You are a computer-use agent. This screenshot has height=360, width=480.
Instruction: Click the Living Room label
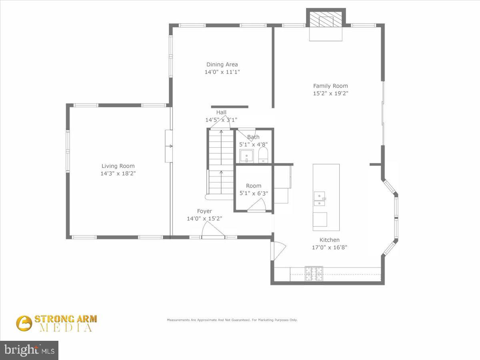(x=118, y=166)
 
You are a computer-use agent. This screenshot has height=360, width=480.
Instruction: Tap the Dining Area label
(x=222, y=64)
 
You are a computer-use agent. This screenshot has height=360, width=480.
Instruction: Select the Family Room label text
(x=330, y=86)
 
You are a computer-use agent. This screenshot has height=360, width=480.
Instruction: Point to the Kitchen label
(x=330, y=240)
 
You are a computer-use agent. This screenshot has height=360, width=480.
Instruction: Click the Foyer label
(x=204, y=211)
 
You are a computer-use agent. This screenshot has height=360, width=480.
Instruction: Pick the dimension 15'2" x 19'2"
(x=330, y=93)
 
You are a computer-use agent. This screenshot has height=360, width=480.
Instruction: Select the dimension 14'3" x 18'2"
(x=118, y=174)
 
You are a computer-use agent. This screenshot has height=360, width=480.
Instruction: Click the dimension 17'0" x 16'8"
(x=330, y=247)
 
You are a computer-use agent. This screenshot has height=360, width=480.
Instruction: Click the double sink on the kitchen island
(x=320, y=199)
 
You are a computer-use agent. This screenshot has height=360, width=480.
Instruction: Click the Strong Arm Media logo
(x=56, y=323)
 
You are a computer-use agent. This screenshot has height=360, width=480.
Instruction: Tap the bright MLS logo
(x=29, y=350)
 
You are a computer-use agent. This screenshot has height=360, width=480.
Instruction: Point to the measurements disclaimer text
(x=232, y=320)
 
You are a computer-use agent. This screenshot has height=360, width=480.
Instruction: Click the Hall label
(x=221, y=112)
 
